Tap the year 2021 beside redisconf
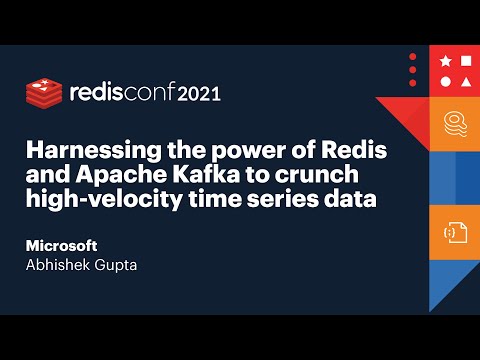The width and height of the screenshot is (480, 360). click(199, 95)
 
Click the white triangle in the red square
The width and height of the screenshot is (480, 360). click(446, 81)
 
